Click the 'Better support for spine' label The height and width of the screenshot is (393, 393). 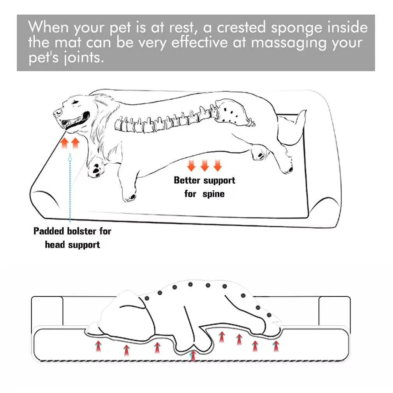pos(204,187)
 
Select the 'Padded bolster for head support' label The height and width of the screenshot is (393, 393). pos(72,238)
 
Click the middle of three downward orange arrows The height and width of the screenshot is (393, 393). pos(204,166)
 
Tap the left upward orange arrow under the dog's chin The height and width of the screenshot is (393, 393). pos(65,143)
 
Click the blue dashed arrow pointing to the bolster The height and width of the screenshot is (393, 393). pos(70,187)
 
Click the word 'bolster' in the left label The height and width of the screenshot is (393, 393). pos(76,231)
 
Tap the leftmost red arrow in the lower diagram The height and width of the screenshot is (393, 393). pos(99,346)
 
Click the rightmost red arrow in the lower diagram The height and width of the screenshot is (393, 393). pos(276,345)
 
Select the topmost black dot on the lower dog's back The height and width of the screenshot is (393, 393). pos(190,284)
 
